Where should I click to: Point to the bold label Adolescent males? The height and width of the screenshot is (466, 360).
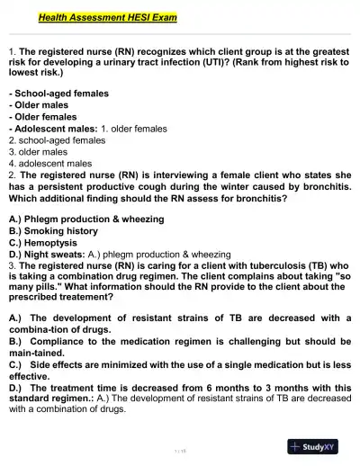click(x=53, y=129)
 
